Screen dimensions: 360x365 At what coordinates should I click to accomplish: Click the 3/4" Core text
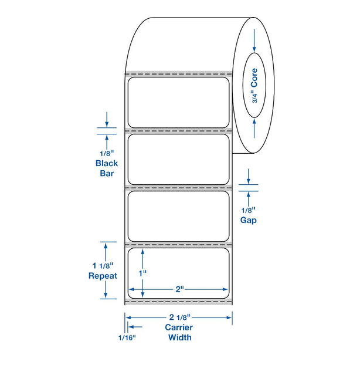click(254, 86)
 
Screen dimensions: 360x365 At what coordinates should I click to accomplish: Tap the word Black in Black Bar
click(107, 163)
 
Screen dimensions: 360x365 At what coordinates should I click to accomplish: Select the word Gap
click(249, 220)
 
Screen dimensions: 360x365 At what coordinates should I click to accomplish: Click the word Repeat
click(103, 276)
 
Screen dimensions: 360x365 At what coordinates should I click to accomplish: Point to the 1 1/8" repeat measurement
click(103, 265)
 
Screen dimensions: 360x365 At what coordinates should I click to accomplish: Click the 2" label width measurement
click(179, 289)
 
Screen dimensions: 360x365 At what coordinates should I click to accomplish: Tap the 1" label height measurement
click(142, 273)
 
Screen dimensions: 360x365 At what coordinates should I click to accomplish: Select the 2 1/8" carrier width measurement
click(180, 317)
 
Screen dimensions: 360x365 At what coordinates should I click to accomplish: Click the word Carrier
click(179, 327)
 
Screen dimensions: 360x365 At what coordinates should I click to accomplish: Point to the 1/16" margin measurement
click(127, 337)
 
